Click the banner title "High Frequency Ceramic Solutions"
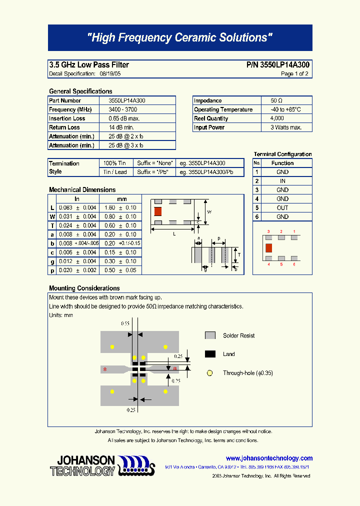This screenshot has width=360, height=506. [180, 38]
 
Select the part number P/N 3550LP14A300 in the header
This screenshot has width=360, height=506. [278, 65]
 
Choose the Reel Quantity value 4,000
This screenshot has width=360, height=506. [277, 118]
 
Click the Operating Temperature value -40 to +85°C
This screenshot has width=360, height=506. [285, 109]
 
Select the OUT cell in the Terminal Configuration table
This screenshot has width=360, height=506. [282, 207]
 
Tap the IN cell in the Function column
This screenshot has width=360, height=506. [282, 181]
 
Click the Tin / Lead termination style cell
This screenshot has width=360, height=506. [115, 172]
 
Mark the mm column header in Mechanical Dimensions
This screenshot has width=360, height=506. [122, 199]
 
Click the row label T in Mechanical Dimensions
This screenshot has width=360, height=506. [52, 225]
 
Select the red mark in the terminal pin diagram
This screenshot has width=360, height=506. [268, 247]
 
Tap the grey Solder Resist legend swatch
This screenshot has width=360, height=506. [210, 335]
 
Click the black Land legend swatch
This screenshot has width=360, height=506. [210, 354]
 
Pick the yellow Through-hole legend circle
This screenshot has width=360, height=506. [210, 372]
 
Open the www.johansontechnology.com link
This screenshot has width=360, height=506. [269, 458]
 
